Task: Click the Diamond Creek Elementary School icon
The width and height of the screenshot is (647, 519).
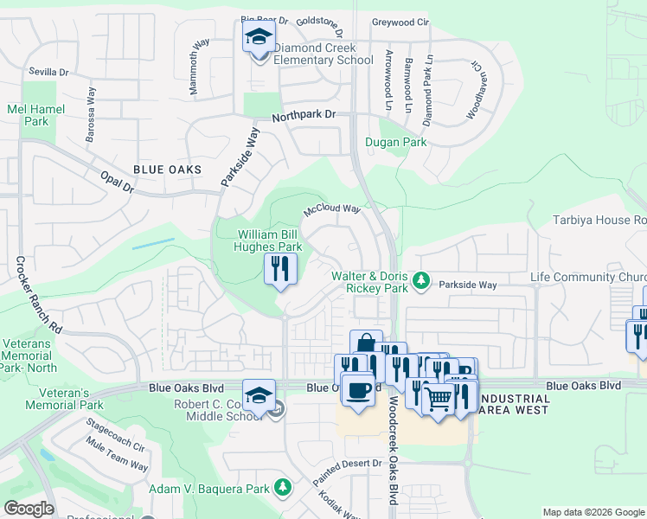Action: point(258,38)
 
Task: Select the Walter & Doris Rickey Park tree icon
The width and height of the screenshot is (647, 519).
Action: point(421,280)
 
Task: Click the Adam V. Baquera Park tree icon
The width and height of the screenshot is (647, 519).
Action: point(282,490)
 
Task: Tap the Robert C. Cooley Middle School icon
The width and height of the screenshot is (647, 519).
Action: point(259,396)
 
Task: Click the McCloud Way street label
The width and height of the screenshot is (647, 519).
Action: point(331,209)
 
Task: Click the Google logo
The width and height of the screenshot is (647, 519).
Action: point(29,509)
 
